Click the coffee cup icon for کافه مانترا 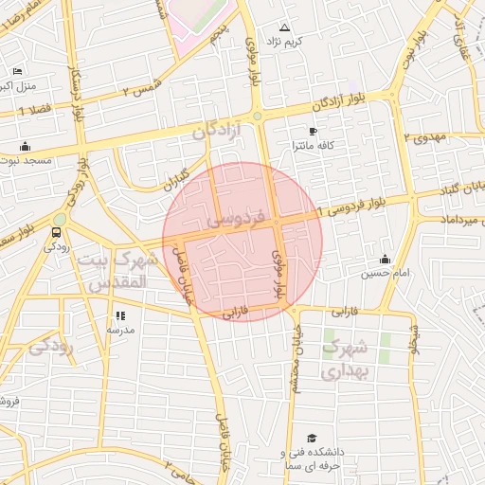point(314,132)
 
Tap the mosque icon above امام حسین point(385,260)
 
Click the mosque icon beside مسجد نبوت point(25,147)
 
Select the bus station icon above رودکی point(59,231)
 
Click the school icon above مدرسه point(120,315)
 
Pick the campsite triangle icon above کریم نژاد point(285,27)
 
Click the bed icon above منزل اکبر point(17,72)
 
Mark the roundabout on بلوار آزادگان point(257,116)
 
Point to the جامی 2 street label point(179,464)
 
